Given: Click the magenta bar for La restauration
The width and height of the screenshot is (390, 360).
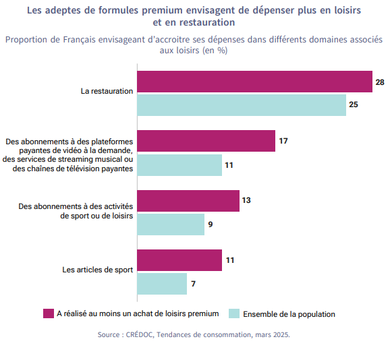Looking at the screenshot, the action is pyautogui.click(x=254, y=82).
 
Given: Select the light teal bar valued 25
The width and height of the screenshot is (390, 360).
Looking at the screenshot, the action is pyautogui.click(x=242, y=105).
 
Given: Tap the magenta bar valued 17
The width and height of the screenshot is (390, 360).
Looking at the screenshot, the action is pyautogui.click(x=206, y=141).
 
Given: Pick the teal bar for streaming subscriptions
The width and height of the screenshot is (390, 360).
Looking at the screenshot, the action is pyautogui.click(x=179, y=165).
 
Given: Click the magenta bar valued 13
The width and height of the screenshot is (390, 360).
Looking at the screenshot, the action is pyautogui.click(x=188, y=201).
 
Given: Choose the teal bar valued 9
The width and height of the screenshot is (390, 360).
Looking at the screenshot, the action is pyautogui.click(x=171, y=224).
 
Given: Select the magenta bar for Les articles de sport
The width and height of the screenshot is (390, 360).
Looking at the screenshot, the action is pyautogui.click(x=179, y=260).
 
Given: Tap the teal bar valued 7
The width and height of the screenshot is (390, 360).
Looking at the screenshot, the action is pyautogui.click(x=162, y=284).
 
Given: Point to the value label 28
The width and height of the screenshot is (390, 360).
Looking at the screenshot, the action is pyautogui.click(x=380, y=82).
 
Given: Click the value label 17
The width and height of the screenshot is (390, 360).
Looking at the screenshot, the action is pyautogui.click(x=283, y=141).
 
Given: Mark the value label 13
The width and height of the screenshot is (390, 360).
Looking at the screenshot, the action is pyautogui.click(x=246, y=200).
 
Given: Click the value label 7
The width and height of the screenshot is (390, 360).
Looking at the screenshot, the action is pyautogui.click(x=193, y=284).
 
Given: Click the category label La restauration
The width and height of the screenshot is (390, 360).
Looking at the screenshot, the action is pyautogui.click(x=107, y=91).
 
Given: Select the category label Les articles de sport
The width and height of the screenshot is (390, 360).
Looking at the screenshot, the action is pyautogui.click(x=97, y=270).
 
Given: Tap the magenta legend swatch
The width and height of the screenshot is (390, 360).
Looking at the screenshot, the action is pyautogui.click(x=49, y=313).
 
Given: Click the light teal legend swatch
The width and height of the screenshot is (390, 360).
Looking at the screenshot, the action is pyautogui.click(x=234, y=313).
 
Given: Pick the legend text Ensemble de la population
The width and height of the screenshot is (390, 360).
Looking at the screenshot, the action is pyautogui.click(x=289, y=314).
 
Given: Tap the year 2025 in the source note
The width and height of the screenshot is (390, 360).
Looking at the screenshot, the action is pyautogui.click(x=281, y=335).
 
